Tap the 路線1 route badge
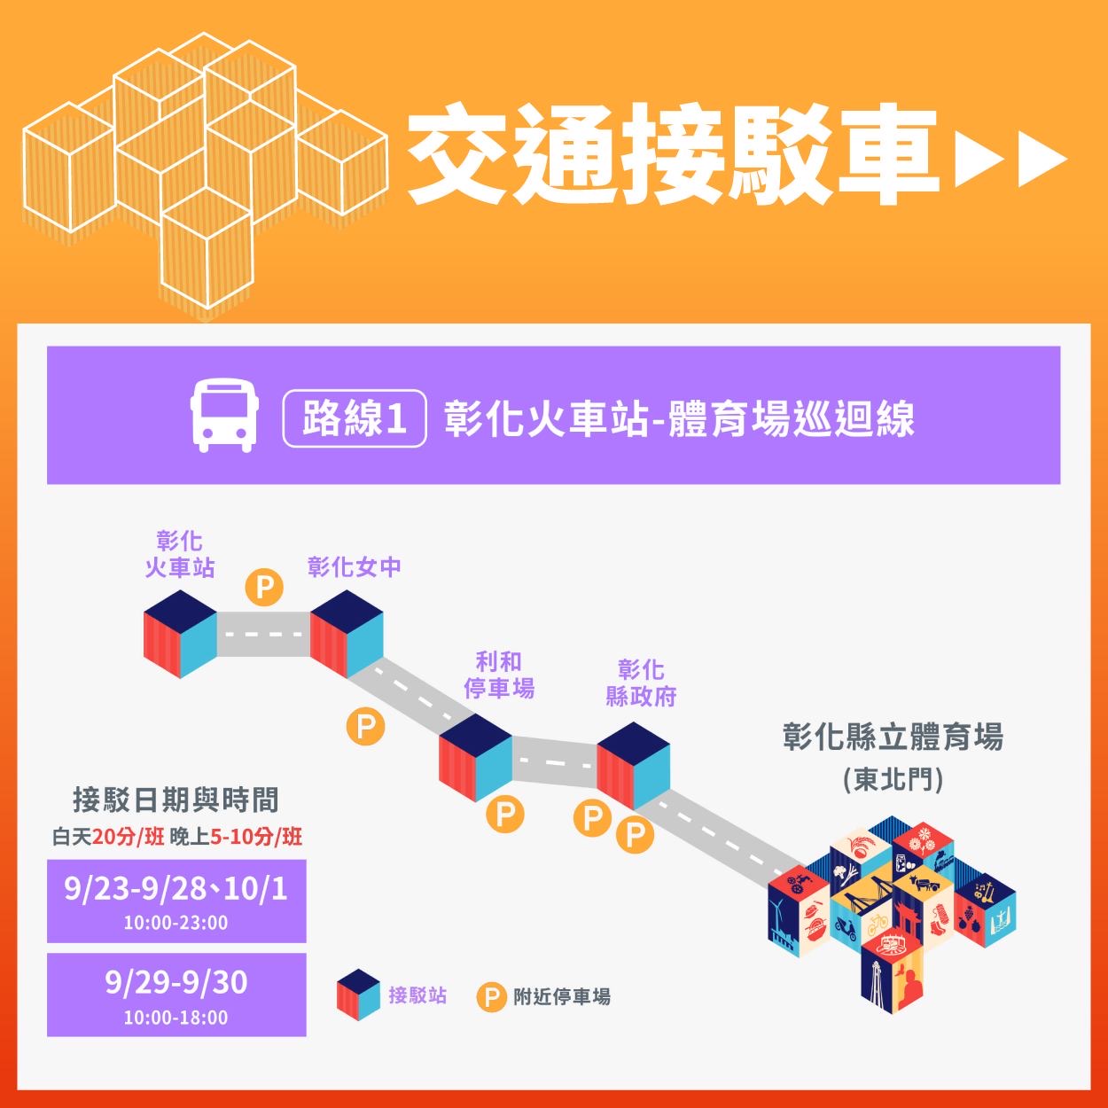[x=355, y=418]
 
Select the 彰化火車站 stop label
[x=180, y=554]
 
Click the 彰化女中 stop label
[x=355, y=566]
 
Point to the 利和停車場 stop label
[x=499, y=675]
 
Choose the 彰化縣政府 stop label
[x=641, y=683]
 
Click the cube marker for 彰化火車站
[x=181, y=633]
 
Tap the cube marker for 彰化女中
[x=347, y=633]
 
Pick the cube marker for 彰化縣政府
[x=633, y=765]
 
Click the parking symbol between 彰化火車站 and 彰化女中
[x=264, y=586]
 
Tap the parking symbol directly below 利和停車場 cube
[x=504, y=814]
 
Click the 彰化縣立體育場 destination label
[x=893, y=737]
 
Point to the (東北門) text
[x=893, y=779]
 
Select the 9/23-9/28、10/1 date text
[x=176, y=889]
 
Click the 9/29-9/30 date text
[x=176, y=982]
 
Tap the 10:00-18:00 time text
[x=176, y=1017]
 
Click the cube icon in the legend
[x=358, y=995]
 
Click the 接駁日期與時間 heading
[x=176, y=800]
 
